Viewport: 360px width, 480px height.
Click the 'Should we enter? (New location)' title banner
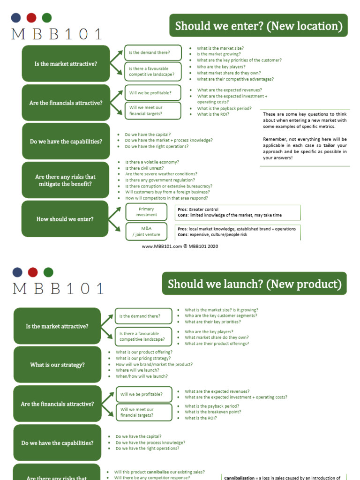pyautogui.click(x=258, y=26)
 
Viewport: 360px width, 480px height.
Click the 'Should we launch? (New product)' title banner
pyautogui.click(x=255, y=284)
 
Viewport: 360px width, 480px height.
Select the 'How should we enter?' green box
pyautogui.click(x=65, y=219)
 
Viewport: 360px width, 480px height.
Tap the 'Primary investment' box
pyautogui.click(x=146, y=212)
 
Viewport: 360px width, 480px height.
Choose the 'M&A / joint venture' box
pyautogui.click(x=146, y=232)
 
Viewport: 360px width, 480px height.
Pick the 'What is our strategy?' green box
pyautogui.click(x=57, y=365)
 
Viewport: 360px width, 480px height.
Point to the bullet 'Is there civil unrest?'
pyautogui.click(x=145, y=168)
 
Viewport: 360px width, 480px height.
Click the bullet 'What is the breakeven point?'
pyautogui.click(x=213, y=412)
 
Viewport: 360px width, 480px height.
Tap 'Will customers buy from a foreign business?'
pyautogui.click(x=167, y=192)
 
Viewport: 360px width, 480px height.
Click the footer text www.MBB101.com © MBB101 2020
pyautogui.click(x=180, y=246)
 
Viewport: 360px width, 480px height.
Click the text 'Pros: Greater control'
pyautogui.click(x=198, y=210)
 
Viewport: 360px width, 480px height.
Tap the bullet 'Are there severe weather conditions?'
pyautogui.click(x=161, y=174)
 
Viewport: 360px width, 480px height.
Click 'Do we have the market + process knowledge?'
pyautogui.click(x=168, y=140)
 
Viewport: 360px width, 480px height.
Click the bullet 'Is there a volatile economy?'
pyautogui.click(x=152, y=162)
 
